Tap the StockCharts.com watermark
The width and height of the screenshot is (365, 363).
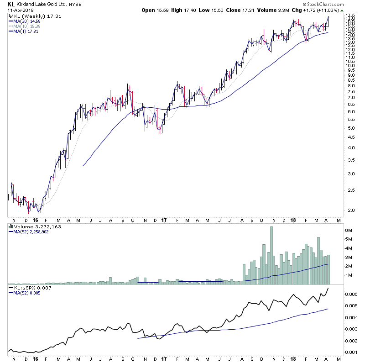point(338,4)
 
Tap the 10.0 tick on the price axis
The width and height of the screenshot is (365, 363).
point(349,66)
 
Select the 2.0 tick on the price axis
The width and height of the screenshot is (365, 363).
point(349,210)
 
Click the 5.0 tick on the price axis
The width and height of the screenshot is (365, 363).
point(349,128)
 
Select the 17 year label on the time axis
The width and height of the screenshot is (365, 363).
point(165,220)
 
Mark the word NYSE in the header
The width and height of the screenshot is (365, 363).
point(75,4)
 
